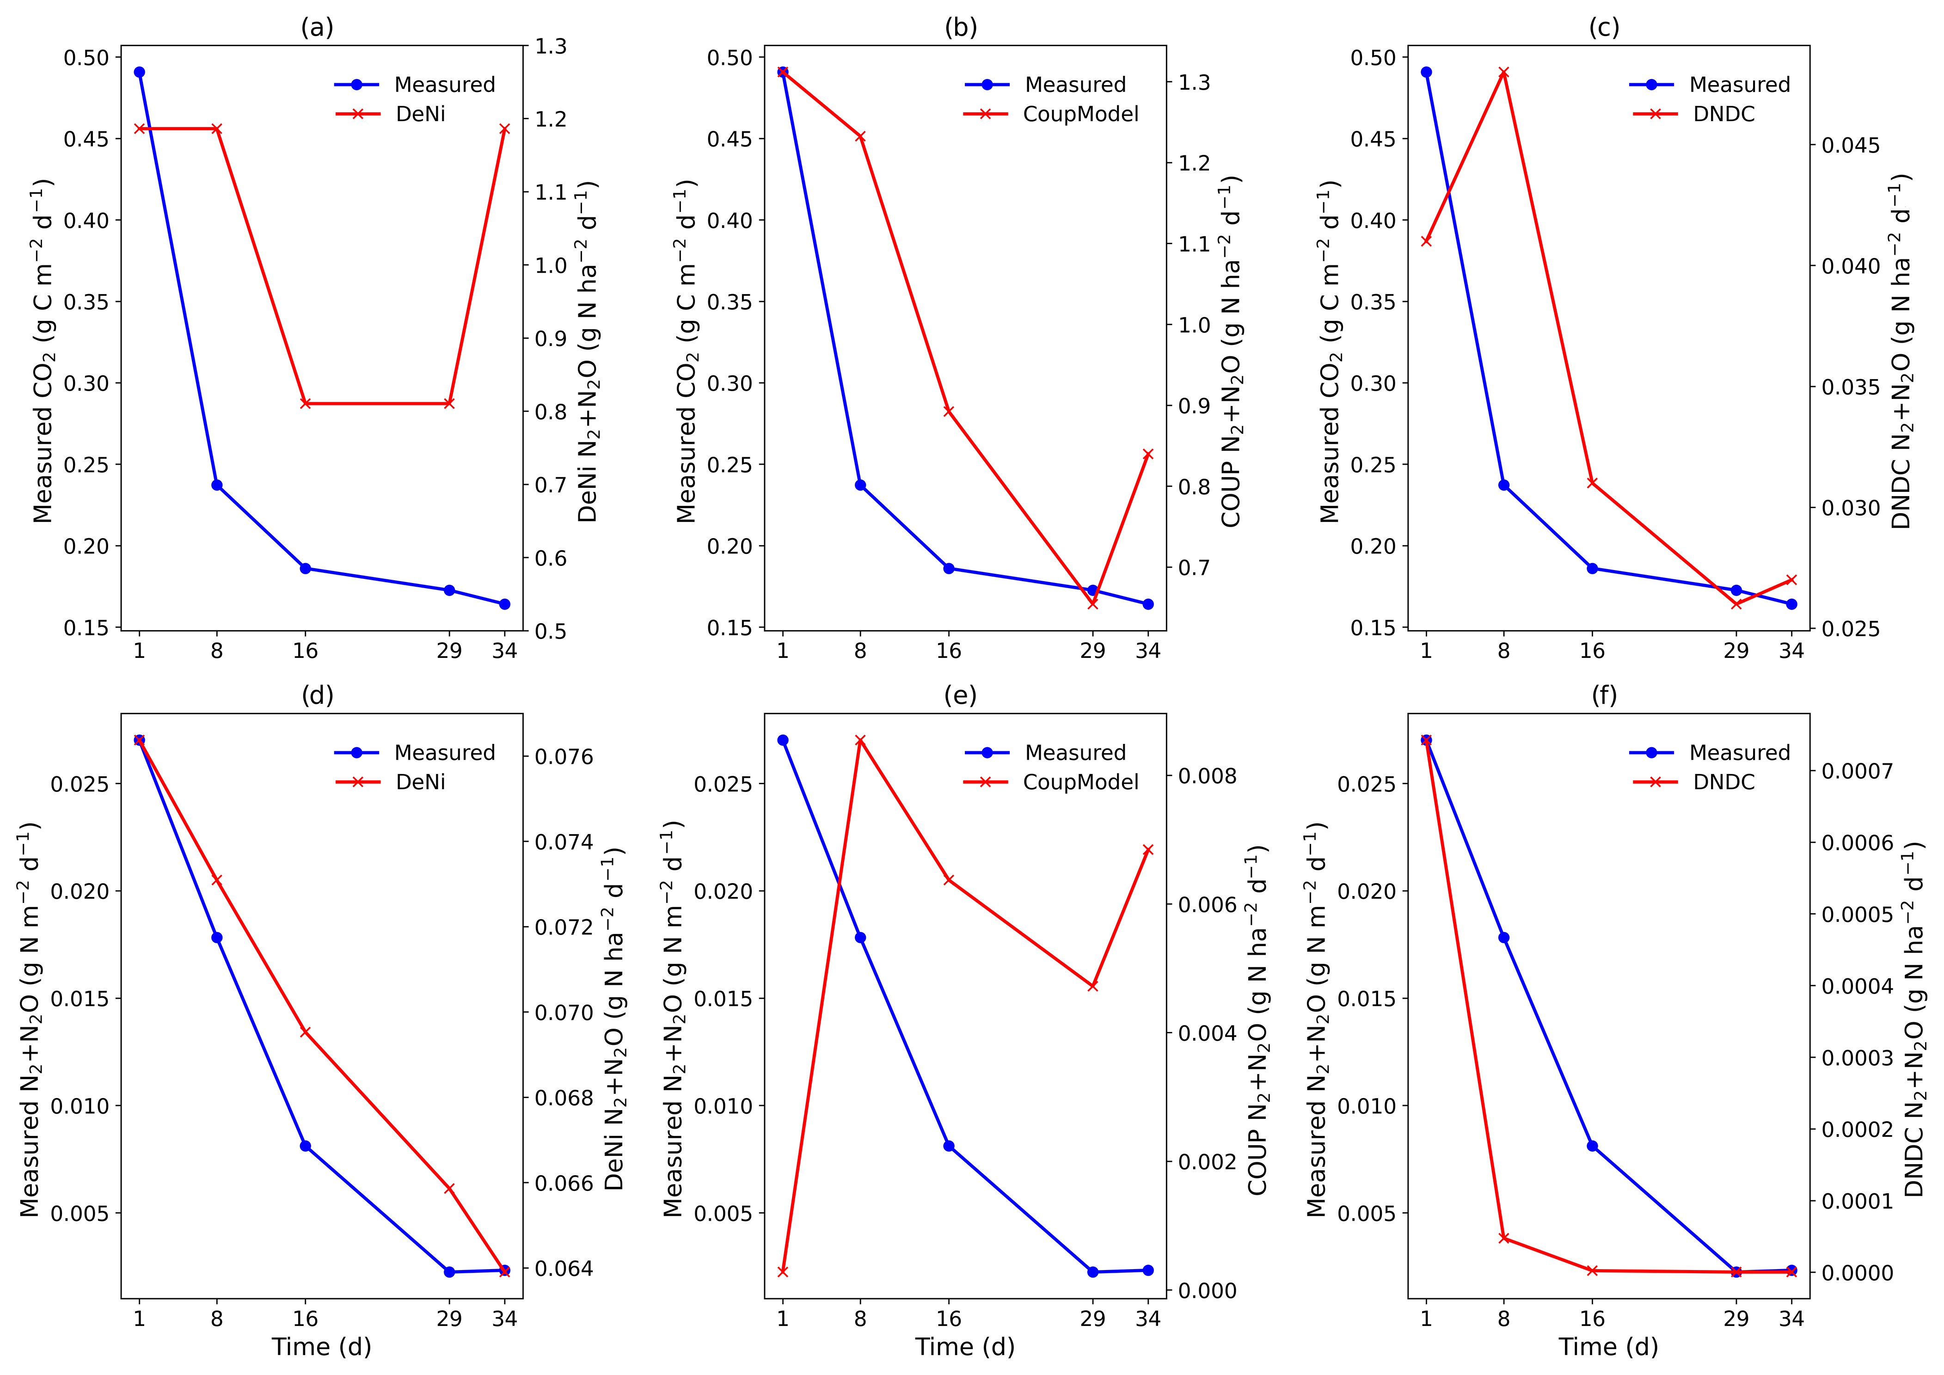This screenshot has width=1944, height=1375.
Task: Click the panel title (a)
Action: pyautogui.click(x=318, y=28)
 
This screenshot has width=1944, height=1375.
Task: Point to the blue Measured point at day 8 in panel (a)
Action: pyautogui.click(x=217, y=485)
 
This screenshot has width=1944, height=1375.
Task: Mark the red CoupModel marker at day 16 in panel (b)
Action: pyautogui.click(x=949, y=411)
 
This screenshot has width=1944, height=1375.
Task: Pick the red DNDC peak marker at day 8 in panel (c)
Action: pyautogui.click(x=1504, y=73)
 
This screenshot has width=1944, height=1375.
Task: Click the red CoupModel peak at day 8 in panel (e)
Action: pyautogui.click(x=860, y=741)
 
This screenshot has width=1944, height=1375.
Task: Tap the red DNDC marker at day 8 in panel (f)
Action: pyautogui.click(x=1504, y=1238)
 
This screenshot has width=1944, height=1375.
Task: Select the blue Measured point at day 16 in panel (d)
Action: pyautogui.click(x=306, y=1147)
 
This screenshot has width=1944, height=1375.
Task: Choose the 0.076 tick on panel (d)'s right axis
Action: pyautogui.click(x=564, y=756)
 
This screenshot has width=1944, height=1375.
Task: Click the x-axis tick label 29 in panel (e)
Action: pyautogui.click(x=1092, y=1318)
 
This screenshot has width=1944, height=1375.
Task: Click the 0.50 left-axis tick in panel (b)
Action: pyautogui.click(x=730, y=58)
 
